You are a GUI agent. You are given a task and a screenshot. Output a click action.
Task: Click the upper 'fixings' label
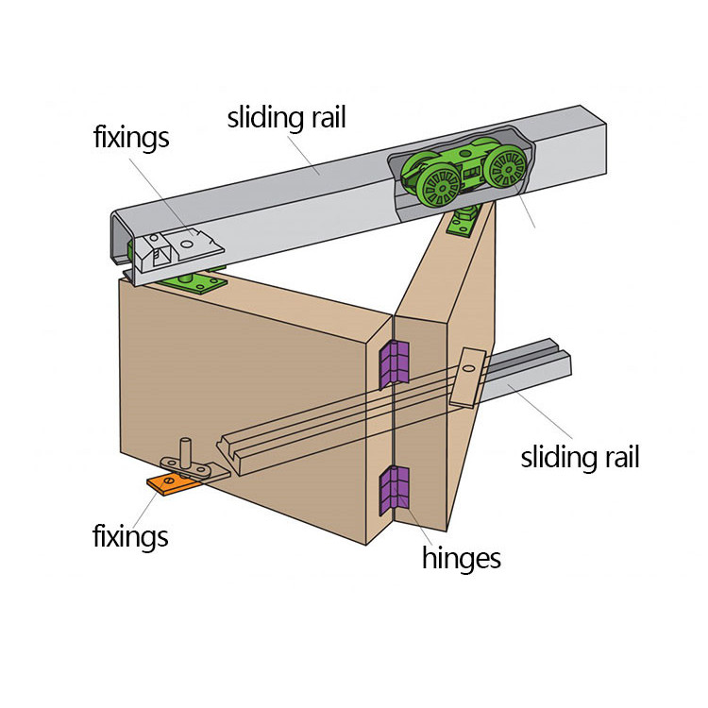(131, 137)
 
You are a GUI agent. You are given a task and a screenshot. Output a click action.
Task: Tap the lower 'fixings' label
(130, 537)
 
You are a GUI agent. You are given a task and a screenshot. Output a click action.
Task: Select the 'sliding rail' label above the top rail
(287, 118)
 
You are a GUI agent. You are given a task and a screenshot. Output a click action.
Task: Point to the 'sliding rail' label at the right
(580, 458)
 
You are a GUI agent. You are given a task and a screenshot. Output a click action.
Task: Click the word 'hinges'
(461, 557)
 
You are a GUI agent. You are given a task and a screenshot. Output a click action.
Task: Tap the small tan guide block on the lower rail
(467, 378)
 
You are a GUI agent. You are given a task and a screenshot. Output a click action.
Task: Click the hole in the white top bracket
(187, 244)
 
